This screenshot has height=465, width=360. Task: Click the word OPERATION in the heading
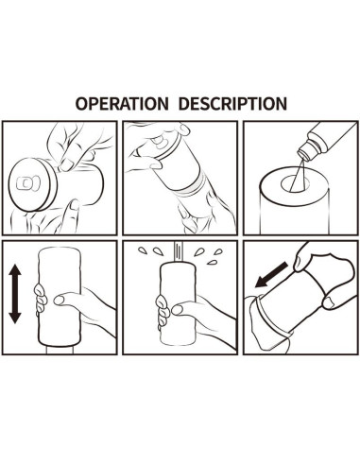tap(122, 103)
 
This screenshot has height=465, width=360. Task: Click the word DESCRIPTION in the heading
tap(234, 103)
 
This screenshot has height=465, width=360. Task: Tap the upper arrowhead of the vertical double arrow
tap(15, 271)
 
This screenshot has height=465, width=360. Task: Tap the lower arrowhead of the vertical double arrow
tap(15, 318)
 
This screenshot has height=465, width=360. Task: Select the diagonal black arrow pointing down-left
tap(271, 275)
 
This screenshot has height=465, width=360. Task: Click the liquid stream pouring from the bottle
tap(298, 175)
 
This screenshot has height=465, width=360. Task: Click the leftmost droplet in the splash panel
tap(143, 250)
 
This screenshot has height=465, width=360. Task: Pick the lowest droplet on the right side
tap(212, 262)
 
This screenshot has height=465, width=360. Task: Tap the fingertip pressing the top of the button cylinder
tap(67, 164)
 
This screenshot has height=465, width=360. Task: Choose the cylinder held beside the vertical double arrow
tap(60, 296)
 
